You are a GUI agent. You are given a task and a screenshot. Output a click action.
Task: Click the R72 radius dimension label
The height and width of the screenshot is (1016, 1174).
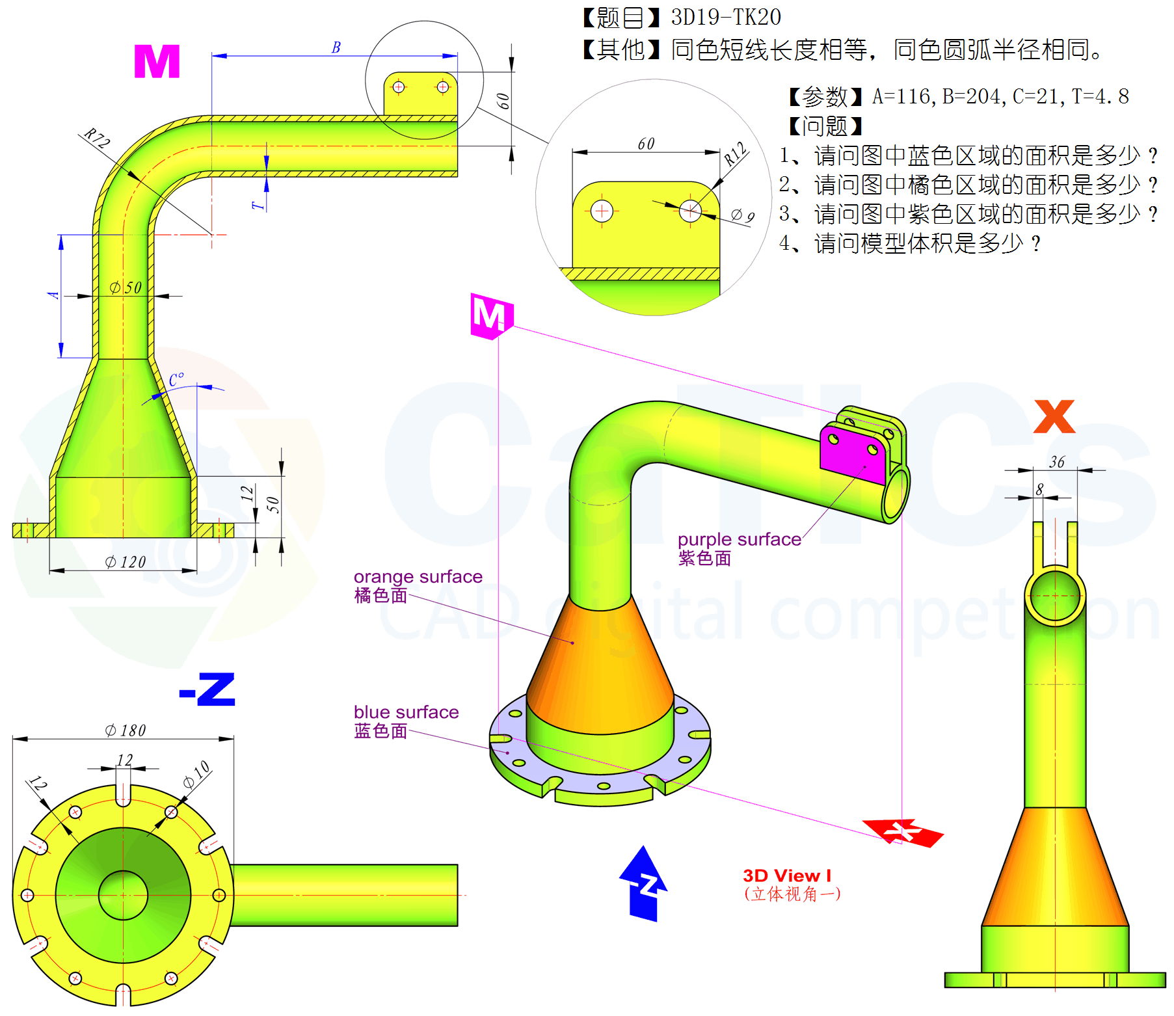click(98, 139)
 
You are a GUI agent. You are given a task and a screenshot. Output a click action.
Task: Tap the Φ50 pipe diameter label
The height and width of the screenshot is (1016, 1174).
click(126, 287)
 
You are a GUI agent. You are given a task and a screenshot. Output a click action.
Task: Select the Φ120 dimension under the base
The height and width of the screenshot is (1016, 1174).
click(126, 562)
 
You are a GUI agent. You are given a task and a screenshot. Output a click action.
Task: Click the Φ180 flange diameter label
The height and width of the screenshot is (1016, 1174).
click(126, 730)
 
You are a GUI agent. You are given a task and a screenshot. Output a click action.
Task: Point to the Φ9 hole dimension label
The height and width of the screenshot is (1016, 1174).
click(743, 216)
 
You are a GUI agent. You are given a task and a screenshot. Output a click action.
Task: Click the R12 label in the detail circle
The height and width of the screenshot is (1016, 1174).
click(736, 154)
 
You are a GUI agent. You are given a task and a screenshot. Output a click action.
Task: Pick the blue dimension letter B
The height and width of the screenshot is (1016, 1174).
click(336, 47)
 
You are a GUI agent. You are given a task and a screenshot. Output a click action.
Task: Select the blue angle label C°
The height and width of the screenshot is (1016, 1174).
click(176, 380)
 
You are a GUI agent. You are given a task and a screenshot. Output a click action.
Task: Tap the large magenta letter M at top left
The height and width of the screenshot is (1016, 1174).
click(157, 62)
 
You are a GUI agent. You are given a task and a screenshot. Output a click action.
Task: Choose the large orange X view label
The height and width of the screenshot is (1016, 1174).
click(1054, 416)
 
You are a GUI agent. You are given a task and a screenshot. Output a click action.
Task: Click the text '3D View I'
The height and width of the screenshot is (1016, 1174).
click(787, 876)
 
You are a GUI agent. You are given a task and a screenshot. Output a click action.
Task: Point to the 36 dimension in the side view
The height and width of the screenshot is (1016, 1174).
click(1057, 462)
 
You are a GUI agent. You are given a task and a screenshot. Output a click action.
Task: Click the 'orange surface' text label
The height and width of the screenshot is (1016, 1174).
click(418, 577)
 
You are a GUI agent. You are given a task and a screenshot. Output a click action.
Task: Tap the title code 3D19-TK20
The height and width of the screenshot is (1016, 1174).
click(726, 18)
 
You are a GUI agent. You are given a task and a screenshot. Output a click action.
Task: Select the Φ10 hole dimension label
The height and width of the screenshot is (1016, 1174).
click(196, 774)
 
